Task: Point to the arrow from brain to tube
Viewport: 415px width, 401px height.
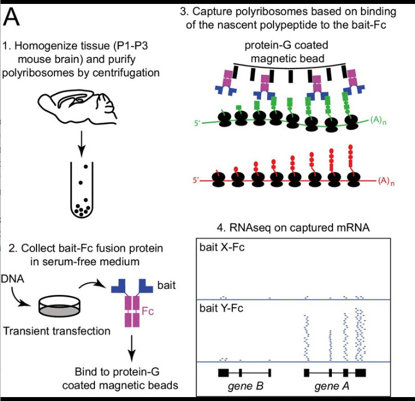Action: [83, 143]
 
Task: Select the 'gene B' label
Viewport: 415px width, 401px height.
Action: [245, 386]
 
